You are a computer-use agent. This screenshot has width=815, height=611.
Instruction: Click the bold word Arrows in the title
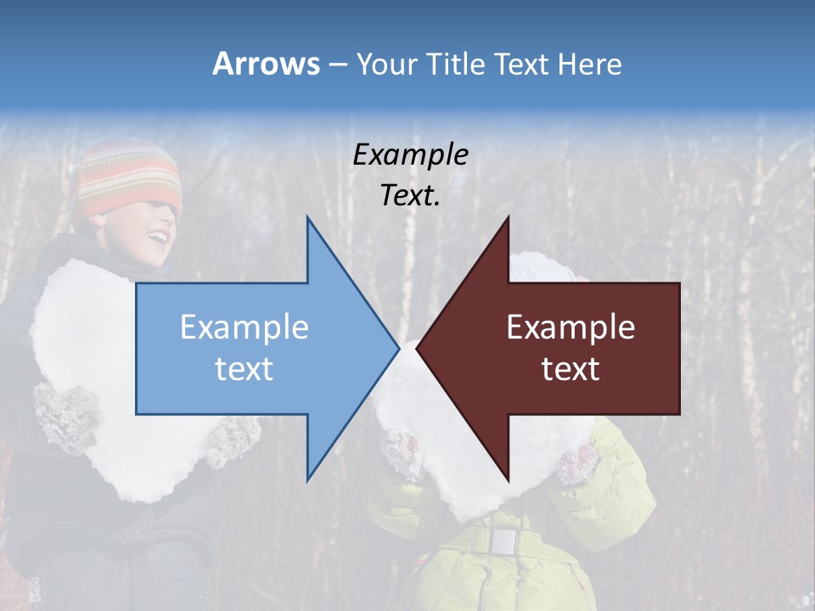click(x=266, y=64)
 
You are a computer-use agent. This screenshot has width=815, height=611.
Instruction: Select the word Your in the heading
click(x=383, y=64)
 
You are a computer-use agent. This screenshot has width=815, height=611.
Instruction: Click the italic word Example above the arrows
click(x=410, y=154)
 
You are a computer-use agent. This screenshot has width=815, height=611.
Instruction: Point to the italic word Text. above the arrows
click(x=410, y=196)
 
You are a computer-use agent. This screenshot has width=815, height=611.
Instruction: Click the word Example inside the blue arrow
click(x=244, y=327)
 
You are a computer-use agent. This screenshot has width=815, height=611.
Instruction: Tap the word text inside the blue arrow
click(x=244, y=369)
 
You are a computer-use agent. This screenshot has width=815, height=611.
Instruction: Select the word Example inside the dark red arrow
click(x=570, y=327)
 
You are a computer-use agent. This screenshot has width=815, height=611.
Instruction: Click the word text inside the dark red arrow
click(x=570, y=369)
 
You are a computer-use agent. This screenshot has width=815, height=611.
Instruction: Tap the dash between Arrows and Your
click(x=336, y=65)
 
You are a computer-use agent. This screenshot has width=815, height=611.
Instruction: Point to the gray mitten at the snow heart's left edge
click(x=64, y=416)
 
